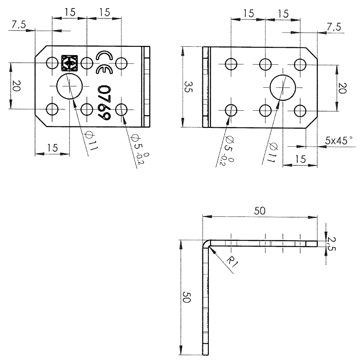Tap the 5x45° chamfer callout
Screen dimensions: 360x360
tap(339, 140)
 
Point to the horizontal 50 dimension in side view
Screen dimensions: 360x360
tap(260, 211)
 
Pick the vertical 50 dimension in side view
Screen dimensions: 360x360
tap(187, 297)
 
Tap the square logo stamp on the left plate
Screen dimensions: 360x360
tap(70, 63)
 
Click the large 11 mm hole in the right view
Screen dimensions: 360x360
tap(283, 86)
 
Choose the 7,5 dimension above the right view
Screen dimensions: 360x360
tap(333, 27)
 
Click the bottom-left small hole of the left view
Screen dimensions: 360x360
tap(52, 109)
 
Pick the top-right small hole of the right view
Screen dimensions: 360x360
tap(301, 64)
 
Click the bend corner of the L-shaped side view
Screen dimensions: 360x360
tap(207, 243)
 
